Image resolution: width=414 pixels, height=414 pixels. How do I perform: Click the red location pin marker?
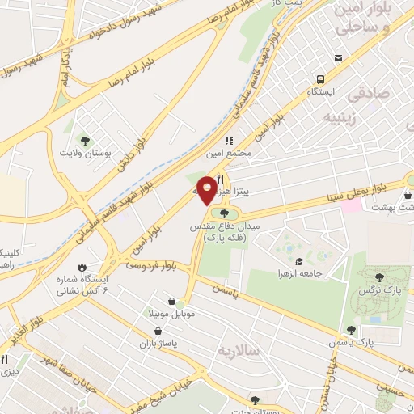click(208, 190)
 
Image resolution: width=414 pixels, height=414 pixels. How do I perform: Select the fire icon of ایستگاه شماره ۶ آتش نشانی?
click(82, 267)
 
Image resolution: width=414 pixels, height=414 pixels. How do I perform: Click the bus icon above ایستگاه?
click(321, 79)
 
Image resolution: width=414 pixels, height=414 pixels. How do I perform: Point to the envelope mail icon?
click(338, 58)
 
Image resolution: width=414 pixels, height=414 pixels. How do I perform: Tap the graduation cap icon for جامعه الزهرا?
click(300, 261)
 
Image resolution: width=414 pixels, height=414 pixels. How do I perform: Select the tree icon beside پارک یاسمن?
click(351, 330)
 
